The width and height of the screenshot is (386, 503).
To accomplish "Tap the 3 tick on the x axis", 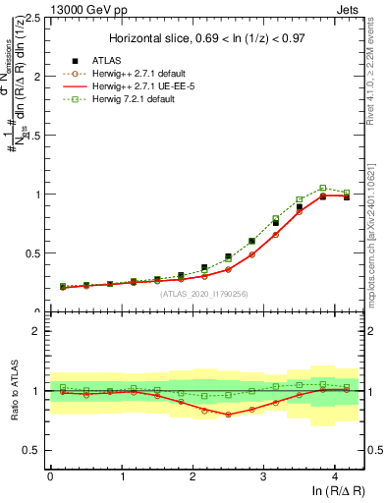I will pyautogui.click(x=263, y=476).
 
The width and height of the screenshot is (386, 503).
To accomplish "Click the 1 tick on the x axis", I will pyautogui.click(x=121, y=476).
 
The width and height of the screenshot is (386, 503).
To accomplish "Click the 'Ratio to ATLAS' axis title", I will pyautogui.click(x=13, y=390).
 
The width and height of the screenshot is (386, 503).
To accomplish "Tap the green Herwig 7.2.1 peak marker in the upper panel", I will pyautogui.click(x=322, y=188).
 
